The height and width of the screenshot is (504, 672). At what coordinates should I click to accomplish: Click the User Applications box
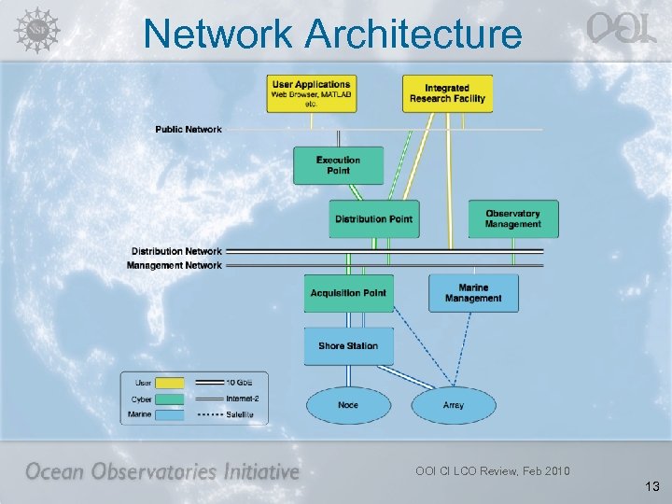[x=310, y=93]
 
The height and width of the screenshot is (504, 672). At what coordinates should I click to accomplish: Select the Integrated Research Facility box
[x=447, y=93]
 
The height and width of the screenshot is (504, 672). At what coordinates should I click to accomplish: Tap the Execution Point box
[x=339, y=165]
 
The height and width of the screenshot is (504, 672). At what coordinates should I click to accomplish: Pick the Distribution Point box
[x=373, y=218]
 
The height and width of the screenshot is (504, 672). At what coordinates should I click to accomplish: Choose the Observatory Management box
[x=512, y=218]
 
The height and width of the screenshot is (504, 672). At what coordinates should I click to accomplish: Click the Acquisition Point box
[x=348, y=293]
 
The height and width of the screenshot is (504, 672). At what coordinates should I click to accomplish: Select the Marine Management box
[x=473, y=293]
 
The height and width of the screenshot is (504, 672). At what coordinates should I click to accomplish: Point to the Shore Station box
[x=348, y=345]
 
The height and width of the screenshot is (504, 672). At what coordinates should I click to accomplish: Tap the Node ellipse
[x=348, y=405]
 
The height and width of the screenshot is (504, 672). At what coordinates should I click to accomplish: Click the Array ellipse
[x=453, y=405]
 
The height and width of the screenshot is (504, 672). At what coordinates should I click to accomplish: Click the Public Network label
[x=189, y=129]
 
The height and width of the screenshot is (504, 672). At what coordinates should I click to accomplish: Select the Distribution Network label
[x=176, y=251]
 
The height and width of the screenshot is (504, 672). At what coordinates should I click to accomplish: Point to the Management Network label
[x=175, y=265]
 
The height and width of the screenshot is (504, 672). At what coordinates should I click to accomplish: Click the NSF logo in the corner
[x=35, y=29]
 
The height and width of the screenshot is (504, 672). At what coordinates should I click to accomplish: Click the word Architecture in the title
[x=413, y=35]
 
